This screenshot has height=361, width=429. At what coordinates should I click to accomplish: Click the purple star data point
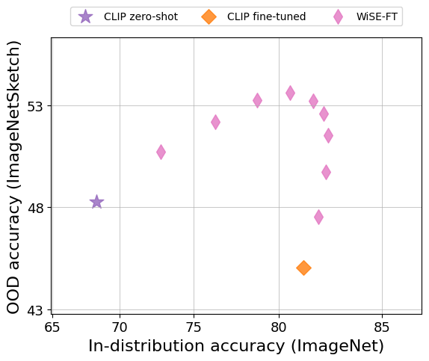tap(96, 202)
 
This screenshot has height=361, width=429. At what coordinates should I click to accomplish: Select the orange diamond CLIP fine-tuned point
tap(303, 268)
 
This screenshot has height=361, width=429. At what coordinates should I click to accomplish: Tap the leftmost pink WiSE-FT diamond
tap(161, 152)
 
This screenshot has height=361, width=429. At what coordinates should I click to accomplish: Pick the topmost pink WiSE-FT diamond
tap(290, 93)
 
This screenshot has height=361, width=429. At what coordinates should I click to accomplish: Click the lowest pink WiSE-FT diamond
tap(318, 217)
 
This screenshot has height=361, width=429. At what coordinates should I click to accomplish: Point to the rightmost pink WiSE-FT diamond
tap(328, 135)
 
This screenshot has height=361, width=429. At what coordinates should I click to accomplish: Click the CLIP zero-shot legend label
tap(141, 16)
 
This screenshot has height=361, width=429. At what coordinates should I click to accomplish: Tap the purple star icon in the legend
tap(86, 16)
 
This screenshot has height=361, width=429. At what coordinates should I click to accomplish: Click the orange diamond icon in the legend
tap(209, 16)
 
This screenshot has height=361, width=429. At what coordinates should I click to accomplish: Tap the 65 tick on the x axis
tap(52, 327)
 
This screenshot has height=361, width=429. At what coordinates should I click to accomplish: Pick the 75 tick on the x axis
tap(194, 327)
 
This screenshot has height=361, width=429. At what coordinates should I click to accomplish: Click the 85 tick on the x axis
tap(381, 327)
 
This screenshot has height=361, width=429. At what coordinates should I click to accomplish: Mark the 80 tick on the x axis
tap(279, 327)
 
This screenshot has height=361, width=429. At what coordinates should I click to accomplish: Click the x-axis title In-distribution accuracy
tap(236, 346)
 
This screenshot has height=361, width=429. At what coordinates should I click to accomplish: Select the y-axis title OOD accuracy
tap(13, 177)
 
